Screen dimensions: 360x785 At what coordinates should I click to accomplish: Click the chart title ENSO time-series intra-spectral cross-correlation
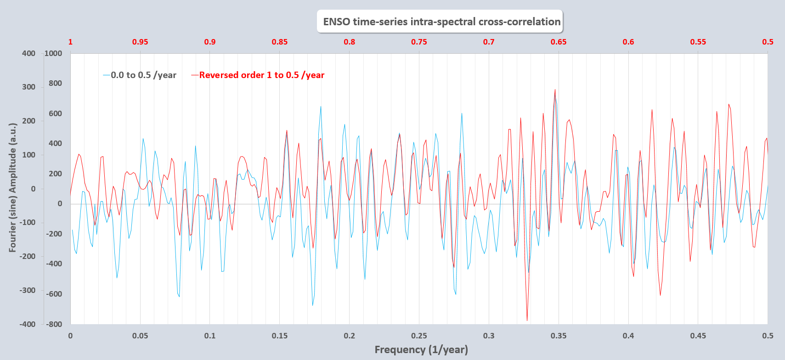pyautogui.click(x=441, y=22)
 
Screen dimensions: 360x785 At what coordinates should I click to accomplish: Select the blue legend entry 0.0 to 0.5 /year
pyautogui.click(x=143, y=75)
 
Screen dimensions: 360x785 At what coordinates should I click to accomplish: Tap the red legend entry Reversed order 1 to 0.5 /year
pyautogui.click(x=261, y=75)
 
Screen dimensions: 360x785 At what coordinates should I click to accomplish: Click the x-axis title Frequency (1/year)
pyautogui.click(x=421, y=349)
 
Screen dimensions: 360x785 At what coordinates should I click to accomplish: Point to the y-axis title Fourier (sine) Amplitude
pyautogui.click(x=12, y=187)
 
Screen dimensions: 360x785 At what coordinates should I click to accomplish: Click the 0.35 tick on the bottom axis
pyautogui.click(x=559, y=336)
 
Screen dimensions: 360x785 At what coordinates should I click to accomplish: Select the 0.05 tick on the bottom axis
pyautogui.click(x=140, y=336)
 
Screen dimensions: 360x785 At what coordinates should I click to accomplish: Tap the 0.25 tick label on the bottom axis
pyautogui.click(x=419, y=336)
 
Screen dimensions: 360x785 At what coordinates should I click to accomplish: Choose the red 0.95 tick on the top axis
pyautogui.click(x=140, y=42)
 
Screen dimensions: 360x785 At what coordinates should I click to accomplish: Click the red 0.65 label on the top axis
pyautogui.click(x=559, y=42)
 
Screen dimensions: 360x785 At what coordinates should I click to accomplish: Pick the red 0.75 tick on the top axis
pyautogui.click(x=419, y=42)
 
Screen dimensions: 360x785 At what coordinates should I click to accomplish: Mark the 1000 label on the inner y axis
pyautogui.click(x=53, y=53)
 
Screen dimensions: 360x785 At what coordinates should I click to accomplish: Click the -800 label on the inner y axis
pyautogui.click(x=54, y=324)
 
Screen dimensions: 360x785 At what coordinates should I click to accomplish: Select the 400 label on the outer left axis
pyautogui.click(x=28, y=53)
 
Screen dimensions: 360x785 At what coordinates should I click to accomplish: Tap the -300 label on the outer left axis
pyautogui.click(x=27, y=290)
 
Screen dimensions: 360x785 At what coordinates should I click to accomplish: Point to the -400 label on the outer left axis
pyautogui.click(x=27, y=324)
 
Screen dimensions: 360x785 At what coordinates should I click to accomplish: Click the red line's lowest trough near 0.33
pyautogui.click(x=527, y=320)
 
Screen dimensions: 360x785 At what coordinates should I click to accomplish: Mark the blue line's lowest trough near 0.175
pyautogui.click(x=313, y=305)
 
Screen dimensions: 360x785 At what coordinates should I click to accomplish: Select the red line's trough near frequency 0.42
pyautogui.click(x=661, y=295)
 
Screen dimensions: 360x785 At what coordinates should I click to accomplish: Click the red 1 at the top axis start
pyautogui.click(x=70, y=42)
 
